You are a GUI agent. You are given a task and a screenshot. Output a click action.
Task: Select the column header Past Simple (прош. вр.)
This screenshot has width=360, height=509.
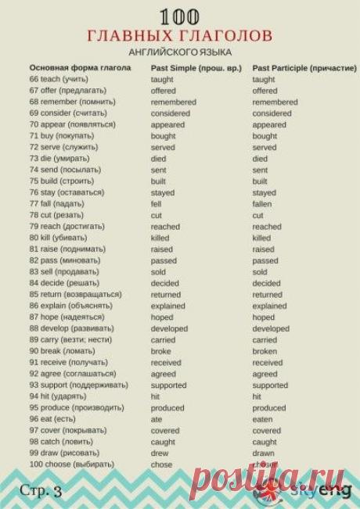[x=196, y=68]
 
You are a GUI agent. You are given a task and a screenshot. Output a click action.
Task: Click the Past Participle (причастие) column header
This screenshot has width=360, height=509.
[x=304, y=68]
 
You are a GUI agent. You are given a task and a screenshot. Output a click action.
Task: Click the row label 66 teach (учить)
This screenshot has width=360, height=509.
[x=59, y=80]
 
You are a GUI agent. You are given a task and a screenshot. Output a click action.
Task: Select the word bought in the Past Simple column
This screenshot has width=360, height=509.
[x=164, y=136]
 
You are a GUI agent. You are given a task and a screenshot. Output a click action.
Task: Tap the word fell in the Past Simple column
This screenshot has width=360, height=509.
[x=157, y=204]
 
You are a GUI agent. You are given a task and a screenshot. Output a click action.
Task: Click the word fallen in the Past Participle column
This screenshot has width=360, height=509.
[x=262, y=204]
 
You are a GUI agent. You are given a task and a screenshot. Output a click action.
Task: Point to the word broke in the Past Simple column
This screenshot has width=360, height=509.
[x=161, y=351]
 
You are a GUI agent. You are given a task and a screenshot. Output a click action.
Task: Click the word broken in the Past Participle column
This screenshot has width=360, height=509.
[x=265, y=351]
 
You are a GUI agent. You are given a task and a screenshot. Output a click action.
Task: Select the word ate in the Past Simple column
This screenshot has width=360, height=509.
[x=157, y=419]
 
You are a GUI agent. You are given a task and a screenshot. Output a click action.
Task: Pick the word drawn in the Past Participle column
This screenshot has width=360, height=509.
[x=263, y=453]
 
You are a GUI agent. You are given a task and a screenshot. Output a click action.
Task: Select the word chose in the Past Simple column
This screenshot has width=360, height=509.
[x=161, y=464]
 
